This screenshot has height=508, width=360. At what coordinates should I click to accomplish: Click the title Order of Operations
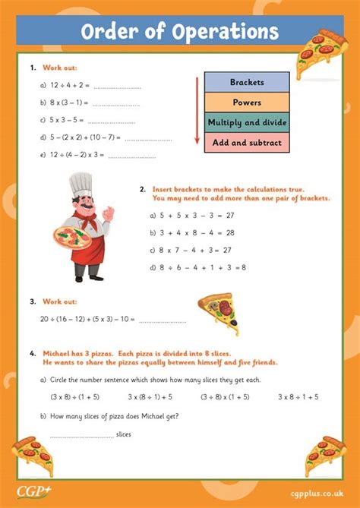[179, 32]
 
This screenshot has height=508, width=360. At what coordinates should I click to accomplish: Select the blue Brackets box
[246, 82]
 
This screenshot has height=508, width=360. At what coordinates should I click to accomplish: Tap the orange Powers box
[246, 102]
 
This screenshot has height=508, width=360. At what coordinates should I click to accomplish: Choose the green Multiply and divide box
[246, 121]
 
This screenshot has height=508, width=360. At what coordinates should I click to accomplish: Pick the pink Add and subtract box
[246, 142]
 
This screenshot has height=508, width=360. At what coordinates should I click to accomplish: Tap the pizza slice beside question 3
[221, 312]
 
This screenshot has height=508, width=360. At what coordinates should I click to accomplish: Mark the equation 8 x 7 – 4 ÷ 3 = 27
[191, 250]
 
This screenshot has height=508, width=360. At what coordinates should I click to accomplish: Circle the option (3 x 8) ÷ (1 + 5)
[75, 396]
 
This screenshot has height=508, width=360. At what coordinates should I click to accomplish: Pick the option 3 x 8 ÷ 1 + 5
[298, 396]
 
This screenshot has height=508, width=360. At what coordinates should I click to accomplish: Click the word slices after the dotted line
[125, 434]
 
